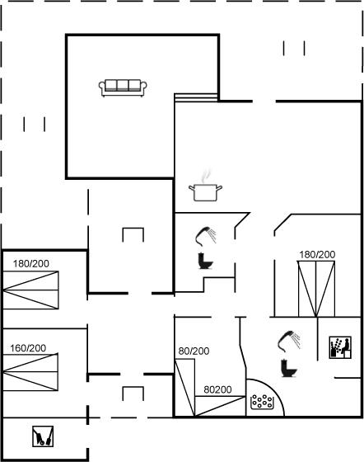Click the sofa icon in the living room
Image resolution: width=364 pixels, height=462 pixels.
click(x=123, y=87)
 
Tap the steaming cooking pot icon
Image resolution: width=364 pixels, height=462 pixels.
click(x=205, y=186)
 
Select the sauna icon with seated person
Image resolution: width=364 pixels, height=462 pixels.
click(x=340, y=347)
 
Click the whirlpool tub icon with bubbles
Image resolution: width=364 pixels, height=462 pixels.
click(x=262, y=402)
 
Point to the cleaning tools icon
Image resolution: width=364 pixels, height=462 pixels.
click(x=43, y=436)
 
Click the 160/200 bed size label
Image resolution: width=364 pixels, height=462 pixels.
click(x=28, y=348)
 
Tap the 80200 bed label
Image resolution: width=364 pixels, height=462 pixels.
click(x=217, y=389)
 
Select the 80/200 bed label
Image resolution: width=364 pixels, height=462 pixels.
click(x=194, y=351)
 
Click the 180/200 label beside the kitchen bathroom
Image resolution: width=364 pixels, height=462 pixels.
click(x=317, y=254)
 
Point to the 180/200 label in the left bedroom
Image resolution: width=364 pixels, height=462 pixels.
click(x=30, y=263)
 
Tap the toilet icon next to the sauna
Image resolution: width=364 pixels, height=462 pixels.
click(x=289, y=368)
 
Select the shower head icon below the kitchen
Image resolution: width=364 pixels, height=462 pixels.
click(x=206, y=236)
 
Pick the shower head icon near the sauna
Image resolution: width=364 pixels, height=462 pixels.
click(x=289, y=341)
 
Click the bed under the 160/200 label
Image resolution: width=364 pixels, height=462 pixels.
click(x=30, y=372)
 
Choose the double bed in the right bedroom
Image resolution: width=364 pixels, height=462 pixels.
click(x=316, y=289)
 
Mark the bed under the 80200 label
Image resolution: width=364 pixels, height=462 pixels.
click(x=220, y=406)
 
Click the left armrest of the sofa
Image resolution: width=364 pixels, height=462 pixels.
click(x=102, y=87)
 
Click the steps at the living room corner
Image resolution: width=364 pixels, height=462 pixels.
click(x=196, y=97)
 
